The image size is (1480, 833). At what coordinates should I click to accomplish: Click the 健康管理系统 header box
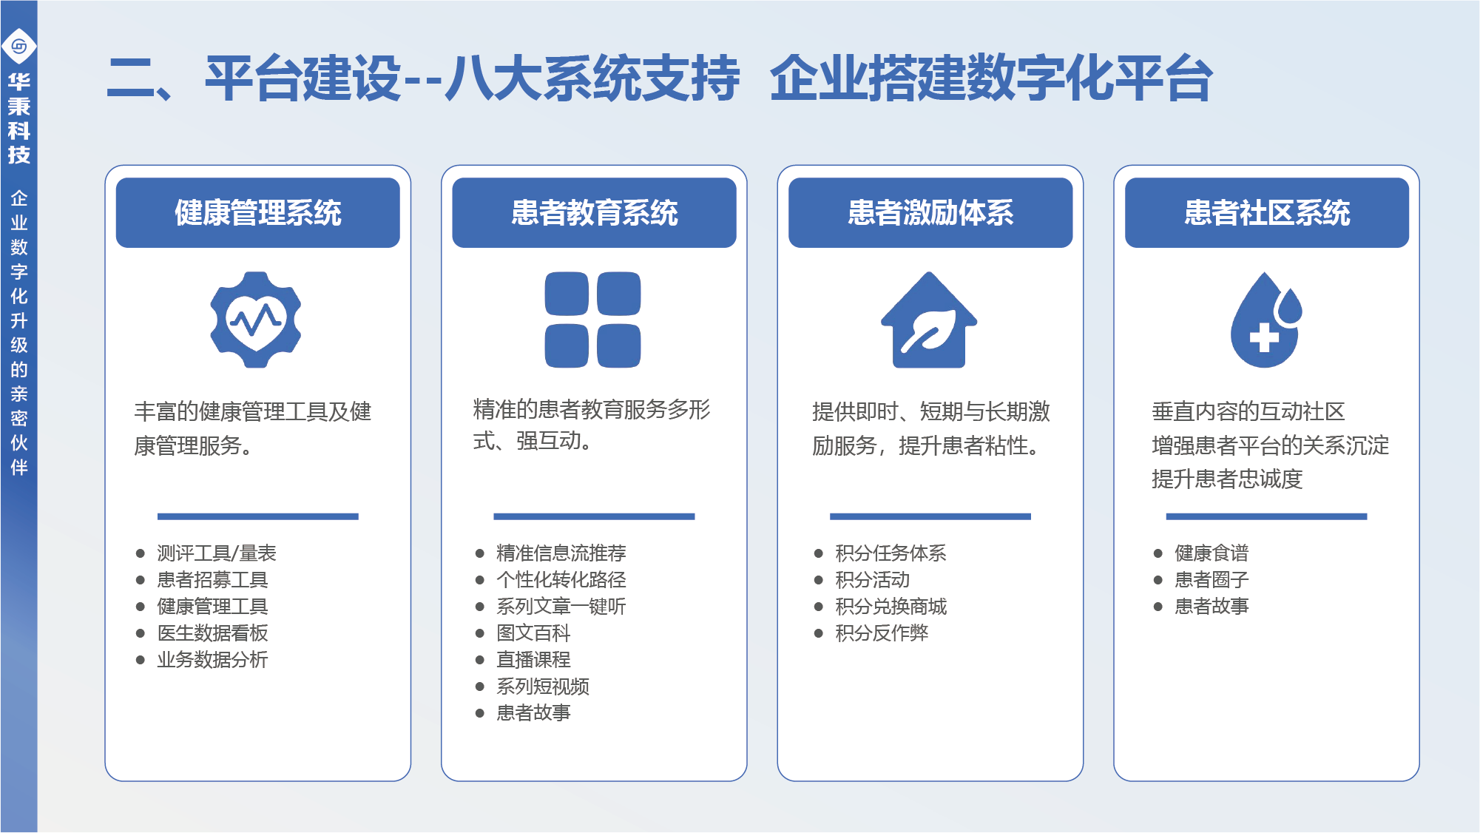257,212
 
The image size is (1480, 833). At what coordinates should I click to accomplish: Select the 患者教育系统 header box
594,212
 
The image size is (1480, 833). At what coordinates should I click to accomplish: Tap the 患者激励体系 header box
930,212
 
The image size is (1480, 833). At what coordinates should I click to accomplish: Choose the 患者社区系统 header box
1267,212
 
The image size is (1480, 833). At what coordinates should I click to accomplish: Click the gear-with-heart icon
256,320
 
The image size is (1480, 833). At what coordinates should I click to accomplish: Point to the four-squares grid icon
592,320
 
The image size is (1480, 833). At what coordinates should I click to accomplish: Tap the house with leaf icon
929,320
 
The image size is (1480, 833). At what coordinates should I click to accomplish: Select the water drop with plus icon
1266,320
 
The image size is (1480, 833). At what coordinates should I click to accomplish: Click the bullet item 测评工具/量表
216,553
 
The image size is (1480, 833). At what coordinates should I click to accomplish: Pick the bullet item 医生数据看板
212,633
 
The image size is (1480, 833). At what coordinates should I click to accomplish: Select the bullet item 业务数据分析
212,660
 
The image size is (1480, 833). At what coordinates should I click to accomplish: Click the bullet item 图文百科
533,633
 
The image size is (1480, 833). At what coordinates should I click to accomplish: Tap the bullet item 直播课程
533,660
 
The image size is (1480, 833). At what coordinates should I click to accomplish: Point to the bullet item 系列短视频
543,687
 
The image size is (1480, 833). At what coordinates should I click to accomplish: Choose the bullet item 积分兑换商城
891,607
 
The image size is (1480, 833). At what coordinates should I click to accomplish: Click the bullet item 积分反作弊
882,633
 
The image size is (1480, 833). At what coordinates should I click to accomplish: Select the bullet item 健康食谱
1212,553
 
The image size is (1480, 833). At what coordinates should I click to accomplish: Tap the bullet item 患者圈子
1212,580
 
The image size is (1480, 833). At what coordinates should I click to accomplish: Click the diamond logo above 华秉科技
19,47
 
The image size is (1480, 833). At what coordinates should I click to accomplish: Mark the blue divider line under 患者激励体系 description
930,516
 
